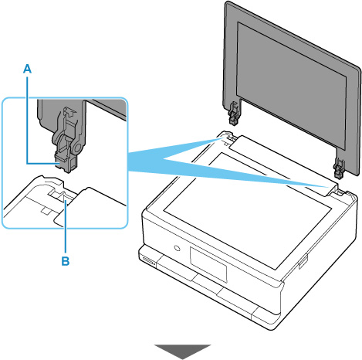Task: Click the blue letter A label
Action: (27, 69)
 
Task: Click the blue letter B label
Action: (66, 261)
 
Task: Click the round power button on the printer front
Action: (177, 248)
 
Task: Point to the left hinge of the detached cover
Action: (234, 114)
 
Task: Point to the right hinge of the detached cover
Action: (339, 168)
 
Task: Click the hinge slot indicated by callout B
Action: (60, 196)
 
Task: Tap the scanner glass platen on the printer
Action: (247, 211)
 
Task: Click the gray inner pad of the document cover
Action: (291, 85)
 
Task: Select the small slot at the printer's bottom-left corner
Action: (147, 260)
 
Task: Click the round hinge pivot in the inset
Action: (78, 148)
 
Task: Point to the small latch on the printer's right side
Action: (302, 261)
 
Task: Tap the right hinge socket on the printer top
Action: (339, 192)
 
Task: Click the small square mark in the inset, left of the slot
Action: (46, 210)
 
